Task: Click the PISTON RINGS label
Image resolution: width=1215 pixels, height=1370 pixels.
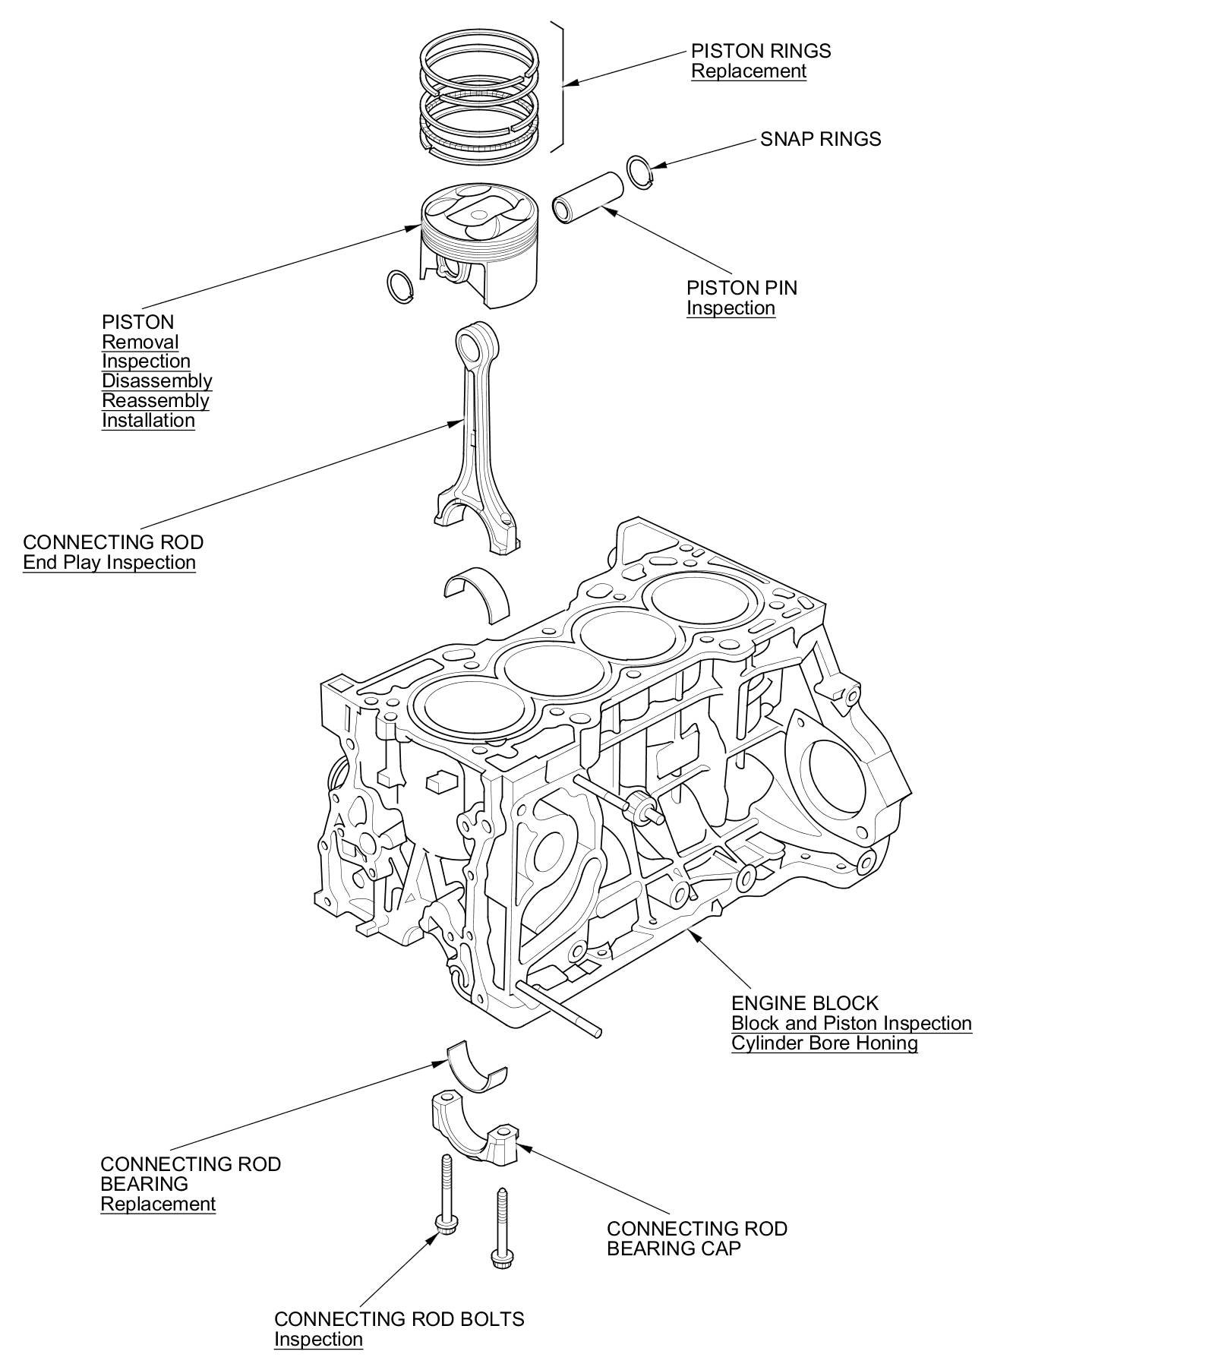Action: [x=760, y=51]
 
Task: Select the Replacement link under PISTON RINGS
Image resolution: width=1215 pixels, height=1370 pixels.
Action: [x=748, y=71]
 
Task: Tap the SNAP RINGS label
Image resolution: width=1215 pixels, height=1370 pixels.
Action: [x=820, y=139]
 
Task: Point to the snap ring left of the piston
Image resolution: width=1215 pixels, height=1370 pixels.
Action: [x=400, y=286]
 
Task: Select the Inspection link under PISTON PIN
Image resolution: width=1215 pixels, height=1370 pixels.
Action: [x=731, y=308]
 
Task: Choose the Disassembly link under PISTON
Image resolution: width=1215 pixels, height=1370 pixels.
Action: [x=156, y=381]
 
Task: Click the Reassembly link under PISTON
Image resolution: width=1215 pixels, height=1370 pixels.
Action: [x=155, y=401]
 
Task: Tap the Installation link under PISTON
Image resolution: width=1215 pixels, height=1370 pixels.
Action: [x=148, y=421]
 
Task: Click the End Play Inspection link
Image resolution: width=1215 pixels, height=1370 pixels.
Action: [x=109, y=563]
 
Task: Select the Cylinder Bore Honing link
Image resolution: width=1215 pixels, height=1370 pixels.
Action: [x=824, y=1043]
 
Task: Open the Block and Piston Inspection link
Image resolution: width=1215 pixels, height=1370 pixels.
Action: [x=850, y=1024]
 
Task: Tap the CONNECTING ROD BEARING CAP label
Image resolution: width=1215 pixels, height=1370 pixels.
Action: [x=696, y=1239]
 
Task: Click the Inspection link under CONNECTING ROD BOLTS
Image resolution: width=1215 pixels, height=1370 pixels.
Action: [x=318, y=1339]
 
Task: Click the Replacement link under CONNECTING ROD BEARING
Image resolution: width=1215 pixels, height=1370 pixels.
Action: [x=158, y=1204]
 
